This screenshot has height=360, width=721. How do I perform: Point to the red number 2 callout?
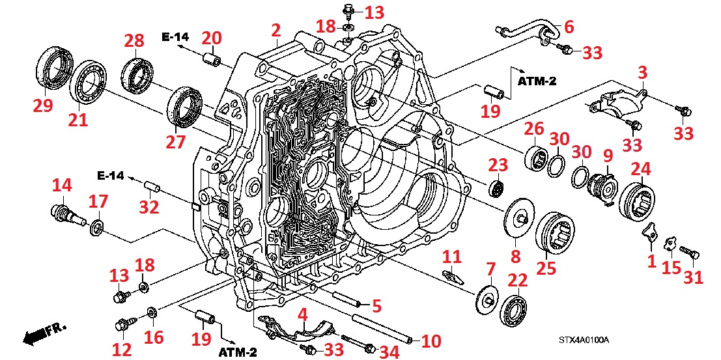(x=276, y=29)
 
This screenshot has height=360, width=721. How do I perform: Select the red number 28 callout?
(x=134, y=42)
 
